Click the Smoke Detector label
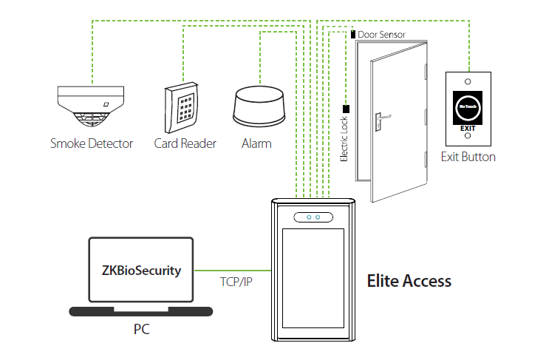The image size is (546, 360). [91, 143]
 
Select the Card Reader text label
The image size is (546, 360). [185, 143]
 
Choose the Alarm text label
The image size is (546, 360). [256, 143]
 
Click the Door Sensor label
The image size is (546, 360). [381, 35]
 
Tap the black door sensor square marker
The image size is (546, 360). [352, 35]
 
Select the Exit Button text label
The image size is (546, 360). [468, 157]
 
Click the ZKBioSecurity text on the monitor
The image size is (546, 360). [140, 271]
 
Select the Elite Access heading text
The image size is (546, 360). [409, 281]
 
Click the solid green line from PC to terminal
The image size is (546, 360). [229, 271]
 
